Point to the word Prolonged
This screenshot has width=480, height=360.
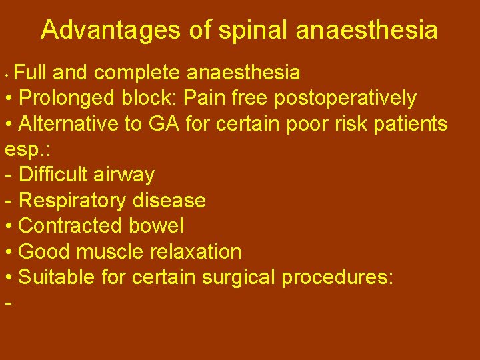click(67, 98)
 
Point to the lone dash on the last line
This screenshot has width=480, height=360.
click(8, 303)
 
